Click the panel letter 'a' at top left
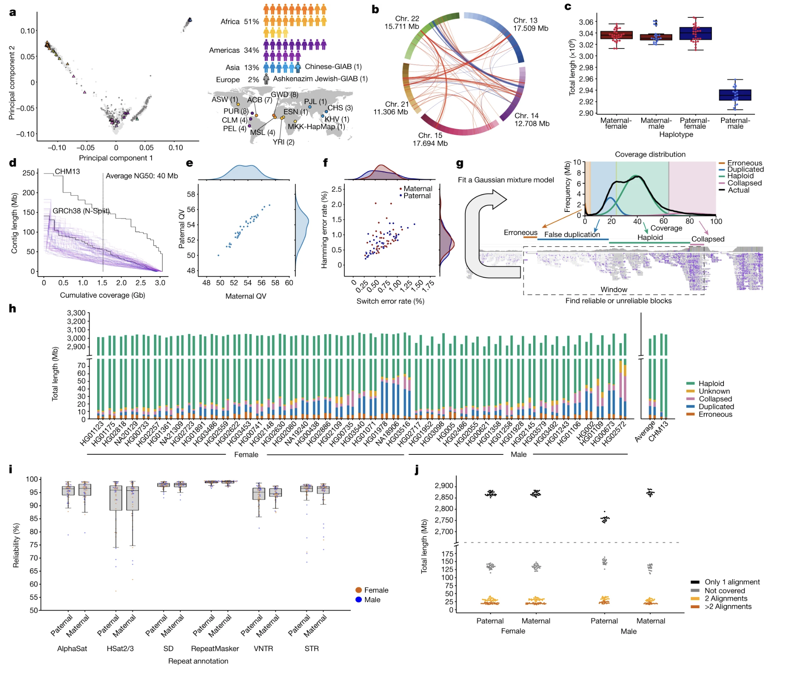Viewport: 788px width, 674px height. point(13,13)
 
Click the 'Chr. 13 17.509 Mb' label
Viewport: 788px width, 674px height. point(530,24)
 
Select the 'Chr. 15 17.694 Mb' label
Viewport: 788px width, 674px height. point(430,139)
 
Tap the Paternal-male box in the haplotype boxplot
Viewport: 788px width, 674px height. point(735,95)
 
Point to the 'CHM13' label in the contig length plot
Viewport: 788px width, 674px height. point(67,172)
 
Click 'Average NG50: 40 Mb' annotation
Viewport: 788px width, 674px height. point(142,176)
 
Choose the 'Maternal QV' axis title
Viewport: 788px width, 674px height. point(246,296)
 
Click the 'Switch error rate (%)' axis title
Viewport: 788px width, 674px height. point(390,301)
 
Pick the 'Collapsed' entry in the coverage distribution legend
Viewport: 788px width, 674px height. point(744,183)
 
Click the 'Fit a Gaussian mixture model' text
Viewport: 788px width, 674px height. point(506,180)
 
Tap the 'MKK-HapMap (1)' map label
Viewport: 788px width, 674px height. point(316,127)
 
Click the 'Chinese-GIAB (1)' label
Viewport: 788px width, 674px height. point(333,67)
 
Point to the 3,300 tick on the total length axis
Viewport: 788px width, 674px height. point(76,313)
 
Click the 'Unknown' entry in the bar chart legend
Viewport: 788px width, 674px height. point(714,391)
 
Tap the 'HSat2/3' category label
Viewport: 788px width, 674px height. point(120,649)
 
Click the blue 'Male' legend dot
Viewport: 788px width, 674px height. point(359,600)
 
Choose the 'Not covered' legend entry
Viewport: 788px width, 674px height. point(725,590)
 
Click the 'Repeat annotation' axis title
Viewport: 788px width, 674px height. point(198,661)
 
